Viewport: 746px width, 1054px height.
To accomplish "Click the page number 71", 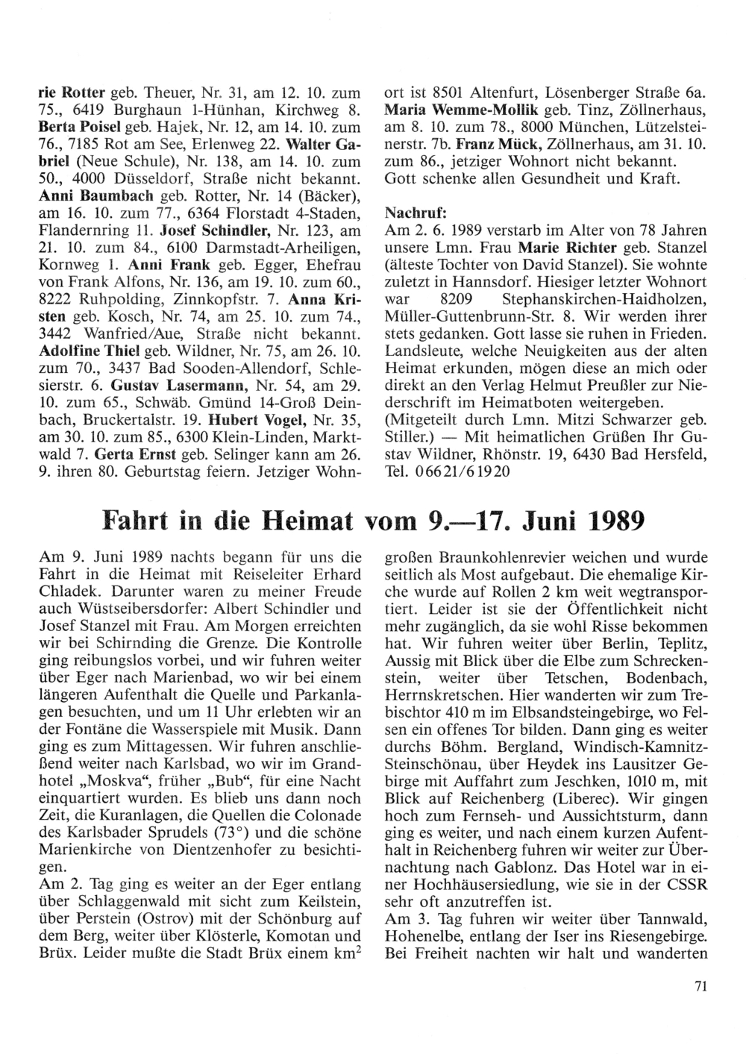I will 699,986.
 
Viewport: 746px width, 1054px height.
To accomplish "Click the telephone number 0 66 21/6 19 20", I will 460,473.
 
